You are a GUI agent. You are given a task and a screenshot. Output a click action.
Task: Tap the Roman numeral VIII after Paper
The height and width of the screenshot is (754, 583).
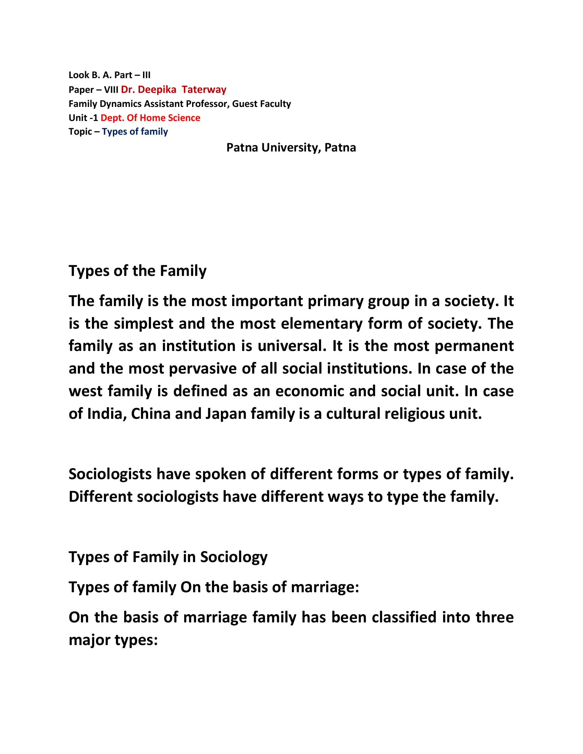coord(111,90)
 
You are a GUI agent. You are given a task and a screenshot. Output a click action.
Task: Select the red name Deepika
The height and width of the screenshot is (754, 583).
coord(157,90)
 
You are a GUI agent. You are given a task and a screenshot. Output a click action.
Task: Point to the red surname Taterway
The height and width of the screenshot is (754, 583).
coord(204,89)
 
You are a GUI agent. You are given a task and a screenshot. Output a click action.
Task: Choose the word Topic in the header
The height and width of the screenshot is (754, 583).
coord(80,132)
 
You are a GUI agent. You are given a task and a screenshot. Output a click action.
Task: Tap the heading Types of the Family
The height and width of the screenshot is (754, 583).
coord(138,271)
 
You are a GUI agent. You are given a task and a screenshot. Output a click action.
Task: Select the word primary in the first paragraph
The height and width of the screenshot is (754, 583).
coord(335,301)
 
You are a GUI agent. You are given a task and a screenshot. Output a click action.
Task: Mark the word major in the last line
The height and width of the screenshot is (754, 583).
coord(89,640)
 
